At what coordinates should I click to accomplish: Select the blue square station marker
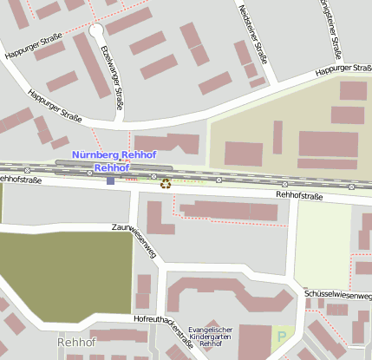point(110,180)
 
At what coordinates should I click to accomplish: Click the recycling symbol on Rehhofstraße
point(166,182)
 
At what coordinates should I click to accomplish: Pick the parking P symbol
point(281,334)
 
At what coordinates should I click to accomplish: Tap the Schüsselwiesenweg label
point(338,295)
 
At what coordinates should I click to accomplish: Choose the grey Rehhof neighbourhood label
point(75,343)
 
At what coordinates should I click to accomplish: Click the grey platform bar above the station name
point(113,162)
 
